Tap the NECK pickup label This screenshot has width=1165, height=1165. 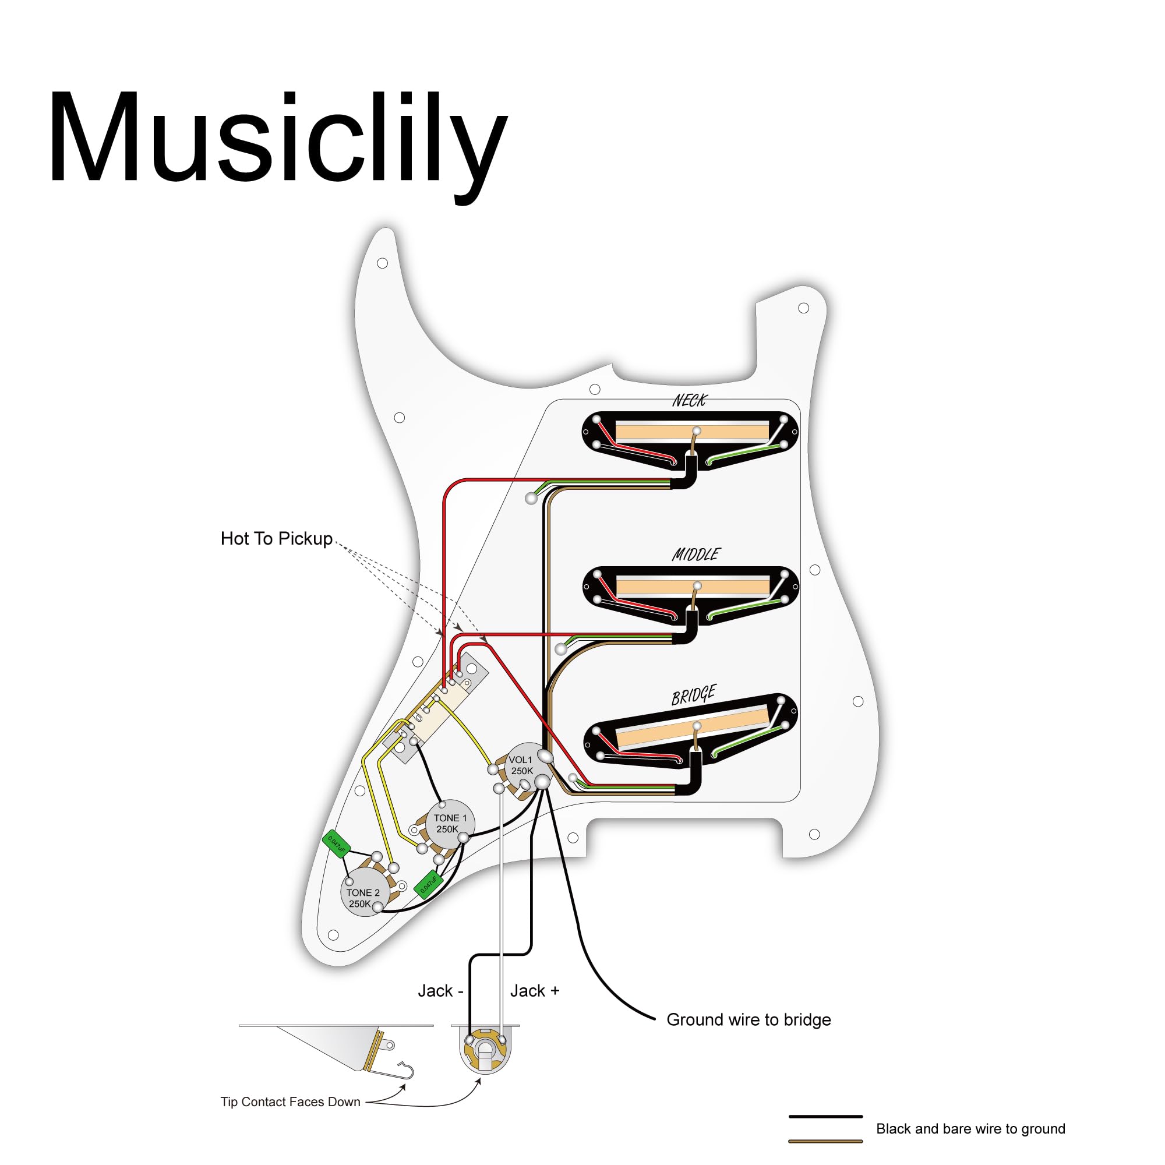(689, 400)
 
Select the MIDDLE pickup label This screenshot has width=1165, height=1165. (696, 554)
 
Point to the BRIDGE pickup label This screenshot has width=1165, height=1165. (693, 696)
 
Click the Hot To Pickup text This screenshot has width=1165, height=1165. (276, 538)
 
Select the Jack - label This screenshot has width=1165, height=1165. (440, 991)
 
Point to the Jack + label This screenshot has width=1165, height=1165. (534, 991)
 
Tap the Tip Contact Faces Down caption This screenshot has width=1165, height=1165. (290, 1102)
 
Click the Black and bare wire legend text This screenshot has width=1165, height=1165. (970, 1129)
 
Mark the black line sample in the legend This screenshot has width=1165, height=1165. (825, 1116)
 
